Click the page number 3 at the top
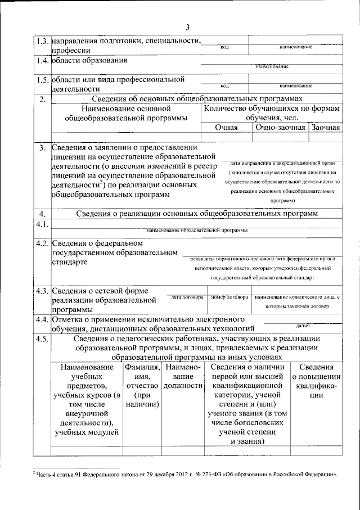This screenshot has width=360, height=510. [x=187, y=27]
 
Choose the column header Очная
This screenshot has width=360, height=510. [x=226, y=128]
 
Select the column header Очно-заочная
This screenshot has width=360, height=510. [x=280, y=128]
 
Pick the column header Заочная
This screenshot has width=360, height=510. [x=326, y=128]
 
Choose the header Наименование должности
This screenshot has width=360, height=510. [x=183, y=376]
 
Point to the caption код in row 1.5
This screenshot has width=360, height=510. [x=224, y=86]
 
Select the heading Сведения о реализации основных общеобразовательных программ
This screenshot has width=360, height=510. [x=197, y=213]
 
